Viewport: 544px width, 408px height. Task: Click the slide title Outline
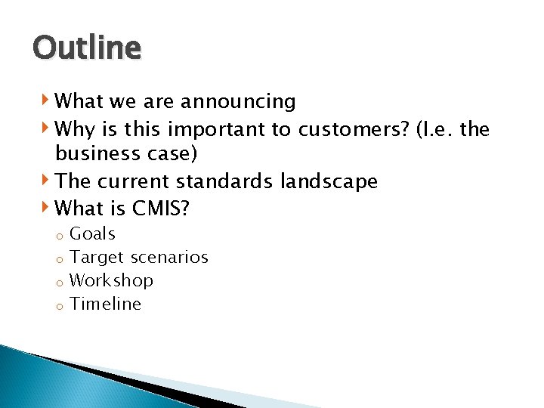click(87, 48)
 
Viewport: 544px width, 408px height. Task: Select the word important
click(226, 130)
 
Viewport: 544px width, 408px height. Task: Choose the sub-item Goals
click(92, 234)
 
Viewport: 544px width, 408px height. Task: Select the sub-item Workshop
click(111, 280)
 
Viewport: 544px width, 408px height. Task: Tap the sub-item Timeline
click(105, 304)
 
